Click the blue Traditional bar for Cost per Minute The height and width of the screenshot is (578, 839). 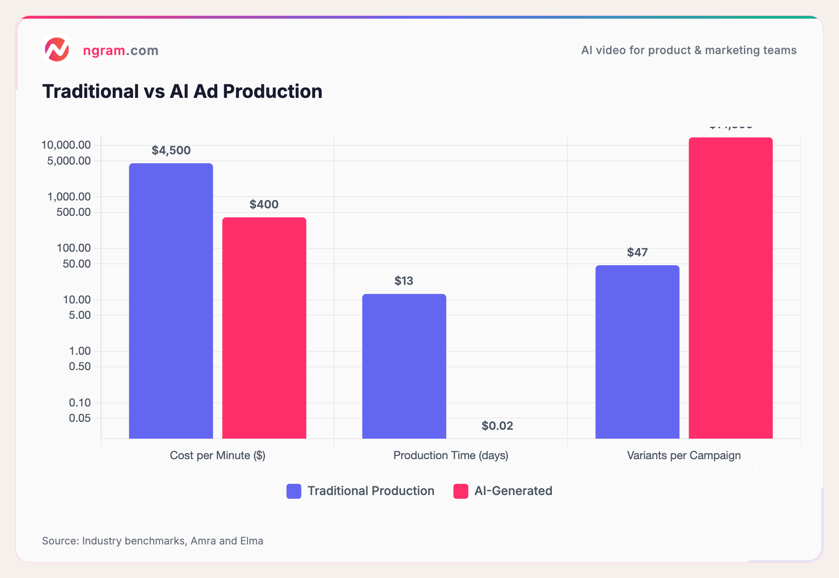[x=171, y=301]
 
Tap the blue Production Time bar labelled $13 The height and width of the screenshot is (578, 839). [x=404, y=366]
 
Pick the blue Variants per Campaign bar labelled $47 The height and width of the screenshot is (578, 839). [x=637, y=352]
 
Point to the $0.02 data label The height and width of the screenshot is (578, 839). [x=497, y=426]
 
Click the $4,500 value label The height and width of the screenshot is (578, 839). [x=171, y=150]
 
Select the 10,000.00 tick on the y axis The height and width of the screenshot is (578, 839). [x=66, y=145]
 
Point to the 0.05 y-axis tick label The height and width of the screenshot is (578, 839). [x=80, y=418]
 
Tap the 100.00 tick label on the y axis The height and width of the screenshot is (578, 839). [x=74, y=248]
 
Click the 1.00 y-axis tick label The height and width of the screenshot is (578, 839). [x=80, y=351]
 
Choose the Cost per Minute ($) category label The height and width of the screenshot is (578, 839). [x=217, y=455]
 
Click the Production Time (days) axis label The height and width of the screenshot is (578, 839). [x=451, y=455]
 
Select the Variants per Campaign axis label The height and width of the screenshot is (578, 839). [x=684, y=455]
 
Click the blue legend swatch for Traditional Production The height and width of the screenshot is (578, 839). [x=294, y=491]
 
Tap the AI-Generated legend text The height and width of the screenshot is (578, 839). [x=513, y=491]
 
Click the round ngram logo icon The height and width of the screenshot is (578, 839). [x=57, y=49]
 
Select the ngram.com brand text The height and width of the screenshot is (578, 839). [x=121, y=50]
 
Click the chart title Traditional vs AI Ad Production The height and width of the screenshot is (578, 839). [x=182, y=91]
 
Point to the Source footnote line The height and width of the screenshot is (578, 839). [x=152, y=541]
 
